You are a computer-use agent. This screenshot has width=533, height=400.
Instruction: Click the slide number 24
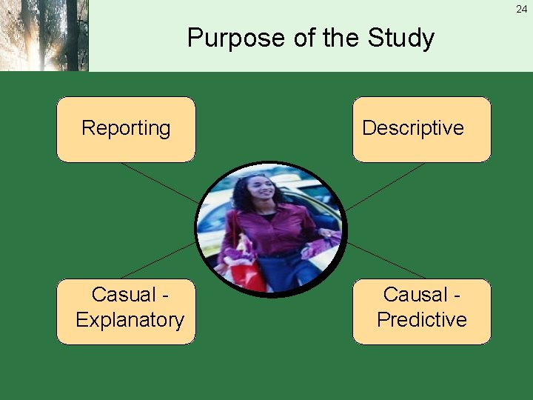tap(522, 9)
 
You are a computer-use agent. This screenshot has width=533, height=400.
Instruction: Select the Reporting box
tap(126, 129)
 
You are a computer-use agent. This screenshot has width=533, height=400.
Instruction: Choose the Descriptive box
tap(421, 129)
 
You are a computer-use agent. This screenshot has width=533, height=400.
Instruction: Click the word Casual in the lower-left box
tap(124, 295)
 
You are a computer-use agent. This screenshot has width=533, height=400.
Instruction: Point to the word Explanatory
tap(130, 320)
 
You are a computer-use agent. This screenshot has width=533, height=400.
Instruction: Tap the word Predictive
tap(421, 320)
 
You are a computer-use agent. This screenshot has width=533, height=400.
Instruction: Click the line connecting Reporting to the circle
tap(159, 182)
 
